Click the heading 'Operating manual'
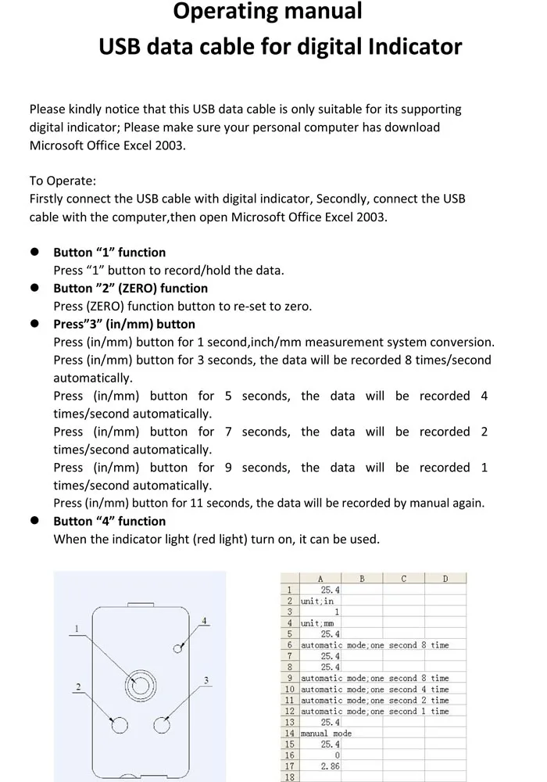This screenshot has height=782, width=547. (267, 12)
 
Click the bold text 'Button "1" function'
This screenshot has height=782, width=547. (109, 253)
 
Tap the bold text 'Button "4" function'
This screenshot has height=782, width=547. (109, 522)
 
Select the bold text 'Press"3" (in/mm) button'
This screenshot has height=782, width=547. (124, 325)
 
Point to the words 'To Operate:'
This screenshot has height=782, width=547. (63, 181)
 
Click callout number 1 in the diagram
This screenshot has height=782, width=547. (77, 628)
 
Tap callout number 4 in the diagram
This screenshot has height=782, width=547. (204, 622)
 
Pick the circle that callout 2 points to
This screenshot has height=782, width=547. (120, 726)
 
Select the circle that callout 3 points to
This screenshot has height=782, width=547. (162, 725)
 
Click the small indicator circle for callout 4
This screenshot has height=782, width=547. (178, 648)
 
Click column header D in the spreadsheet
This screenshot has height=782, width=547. (445, 579)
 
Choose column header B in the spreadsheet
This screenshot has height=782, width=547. (362, 579)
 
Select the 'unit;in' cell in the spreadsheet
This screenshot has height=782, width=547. (317, 601)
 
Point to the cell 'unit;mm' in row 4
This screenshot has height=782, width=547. (317, 623)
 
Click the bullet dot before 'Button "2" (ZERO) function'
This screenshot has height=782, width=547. (34, 288)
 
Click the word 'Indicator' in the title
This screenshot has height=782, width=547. (417, 47)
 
